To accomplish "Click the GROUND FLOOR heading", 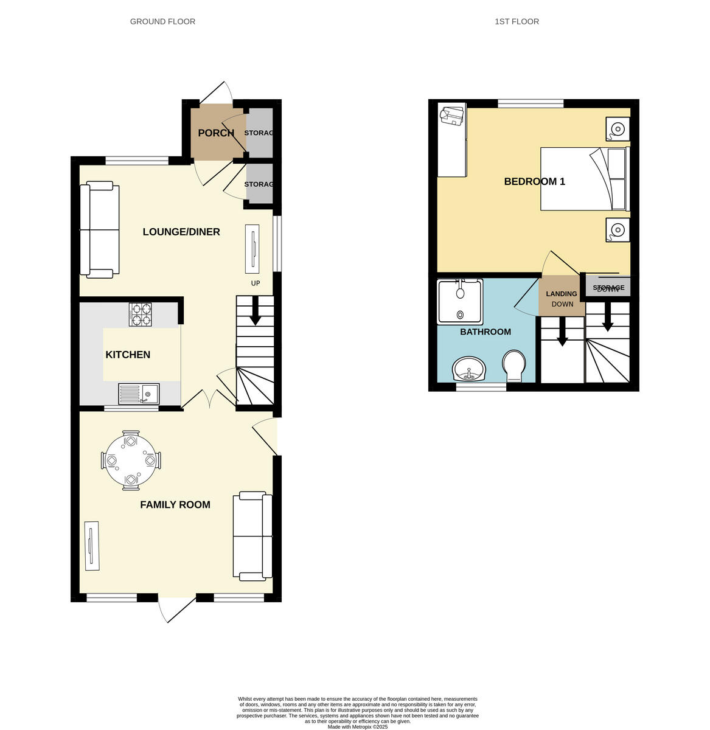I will tap(162, 21).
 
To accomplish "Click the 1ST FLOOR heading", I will tap(517, 21).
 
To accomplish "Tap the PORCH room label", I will tap(215, 133).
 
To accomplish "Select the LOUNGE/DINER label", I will tap(181, 232).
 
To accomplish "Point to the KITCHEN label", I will tap(128, 355).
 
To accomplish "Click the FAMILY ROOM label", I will tap(175, 504).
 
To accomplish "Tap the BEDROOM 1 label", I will tap(534, 181).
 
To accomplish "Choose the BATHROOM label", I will tap(485, 332).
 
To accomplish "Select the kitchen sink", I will tap(139, 394).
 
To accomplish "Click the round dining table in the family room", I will tap(130, 461).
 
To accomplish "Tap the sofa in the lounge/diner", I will tap(100, 229).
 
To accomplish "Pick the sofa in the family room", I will tap(252, 535).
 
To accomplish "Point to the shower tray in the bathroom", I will tap(460, 301).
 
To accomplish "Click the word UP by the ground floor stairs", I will tap(256, 283).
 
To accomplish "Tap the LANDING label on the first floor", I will tap(561, 294).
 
